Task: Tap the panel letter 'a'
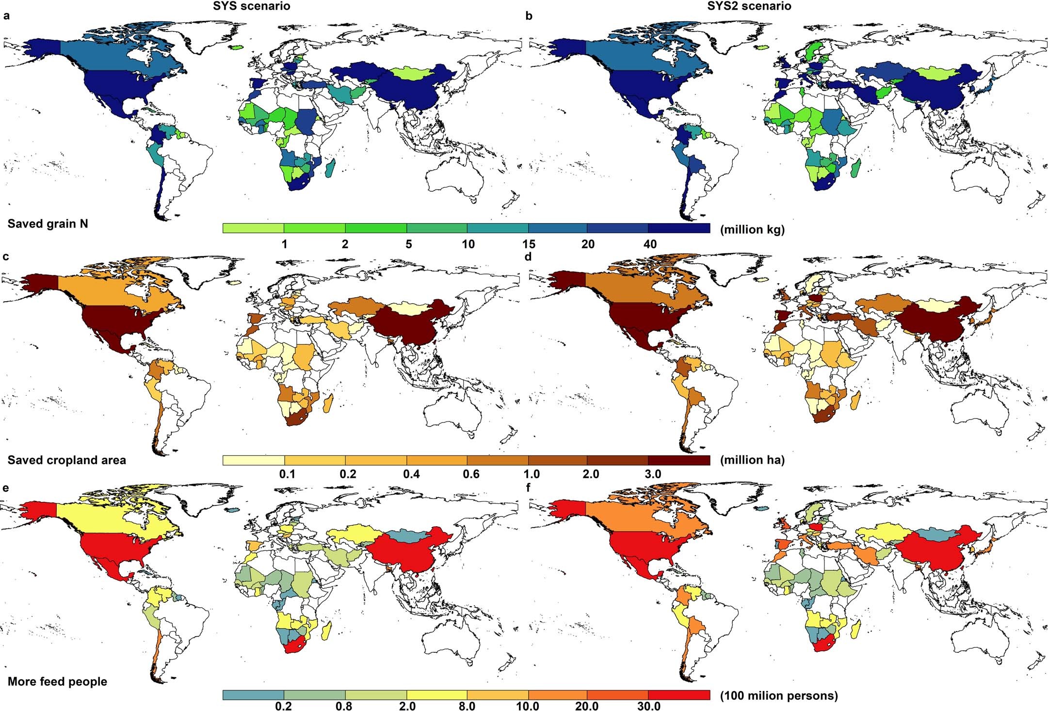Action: pos(6,16)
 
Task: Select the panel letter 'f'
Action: pos(529,488)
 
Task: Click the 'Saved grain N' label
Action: pos(48,224)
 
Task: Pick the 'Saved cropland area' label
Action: pos(66,460)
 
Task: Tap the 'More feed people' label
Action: pos(57,681)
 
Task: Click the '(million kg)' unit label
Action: pos(752,230)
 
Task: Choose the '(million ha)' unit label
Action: pos(752,460)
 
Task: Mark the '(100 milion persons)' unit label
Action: pos(779,695)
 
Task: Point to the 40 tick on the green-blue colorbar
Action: pos(650,244)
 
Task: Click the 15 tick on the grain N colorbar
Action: pos(529,244)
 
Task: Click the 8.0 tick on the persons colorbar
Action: pos(467,706)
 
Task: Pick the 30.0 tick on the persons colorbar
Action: pos(648,706)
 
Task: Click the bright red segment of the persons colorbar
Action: pos(679,695)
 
